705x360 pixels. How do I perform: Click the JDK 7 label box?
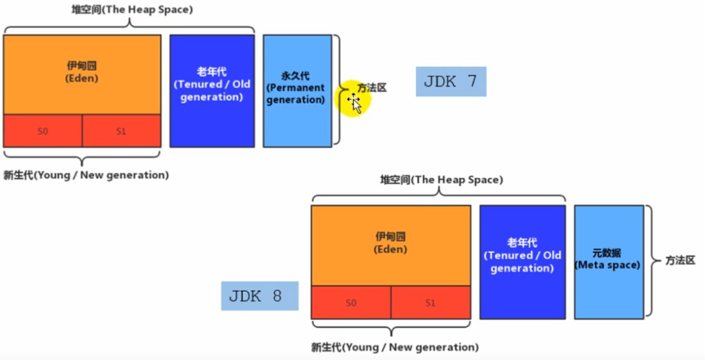pyautogui.click(x=451, y=82)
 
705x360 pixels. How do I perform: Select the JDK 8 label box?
pyautogui.click(x=260, y=296)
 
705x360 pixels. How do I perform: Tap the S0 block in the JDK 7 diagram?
pyautogui.click(x=43, y=131)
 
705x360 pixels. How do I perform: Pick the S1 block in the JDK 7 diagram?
pyautogui.click(x=121, y=131)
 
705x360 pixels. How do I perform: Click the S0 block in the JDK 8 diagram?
pyautogui.click(x=351, y=302)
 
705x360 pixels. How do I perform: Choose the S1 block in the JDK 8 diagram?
pyautogui.click(x=431, y=302)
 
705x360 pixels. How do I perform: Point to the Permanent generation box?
pyautogui.click(x=297, y=91)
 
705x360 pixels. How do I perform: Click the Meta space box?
pyautogui.click(x=609, y=262)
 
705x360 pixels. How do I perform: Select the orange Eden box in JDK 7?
pyautogui.click(x=82, y=75)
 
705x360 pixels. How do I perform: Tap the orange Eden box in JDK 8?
pyautogui.click(x=391, y=245)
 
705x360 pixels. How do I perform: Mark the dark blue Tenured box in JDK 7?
pyautogui.click(x=212, y=91)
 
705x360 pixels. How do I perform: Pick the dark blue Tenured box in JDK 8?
pyautogui.click(x=522, y=262)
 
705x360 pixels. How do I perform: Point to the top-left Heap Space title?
pyautogui.click(x=132, y=9)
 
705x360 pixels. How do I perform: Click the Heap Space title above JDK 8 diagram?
pyautogui.click(x=442, y=180)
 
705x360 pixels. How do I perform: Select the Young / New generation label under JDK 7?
pyautogui.click(x=87, y=175)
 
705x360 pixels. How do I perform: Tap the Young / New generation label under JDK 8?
pyautogui.click(x=395, y=347)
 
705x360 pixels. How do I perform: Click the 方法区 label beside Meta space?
pyautogui.click(x=680, y=260)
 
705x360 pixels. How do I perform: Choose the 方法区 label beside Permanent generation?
pyautogui.click(x=372, y=88)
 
